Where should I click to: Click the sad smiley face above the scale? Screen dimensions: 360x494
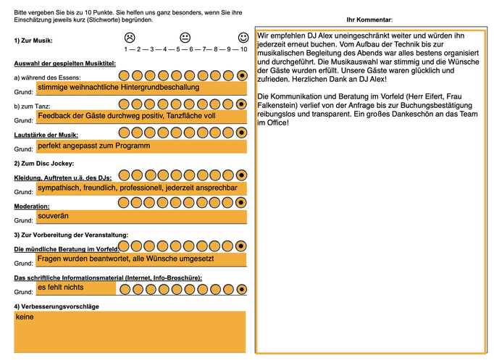pos(129,37)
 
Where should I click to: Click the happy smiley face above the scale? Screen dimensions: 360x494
pos(243,37)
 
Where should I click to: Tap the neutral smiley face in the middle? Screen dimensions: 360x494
pos(185,37)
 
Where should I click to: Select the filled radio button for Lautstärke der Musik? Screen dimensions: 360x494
pos(242,133)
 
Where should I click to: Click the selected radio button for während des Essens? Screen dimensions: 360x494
pos(242,75)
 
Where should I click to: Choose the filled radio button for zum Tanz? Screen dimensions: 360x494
pos(242,104)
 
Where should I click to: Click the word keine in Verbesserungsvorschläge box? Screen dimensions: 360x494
pos(25,317)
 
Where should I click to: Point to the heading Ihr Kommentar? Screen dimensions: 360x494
pos(369,20)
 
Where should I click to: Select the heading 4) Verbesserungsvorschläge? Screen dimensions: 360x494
pos(56,306)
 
